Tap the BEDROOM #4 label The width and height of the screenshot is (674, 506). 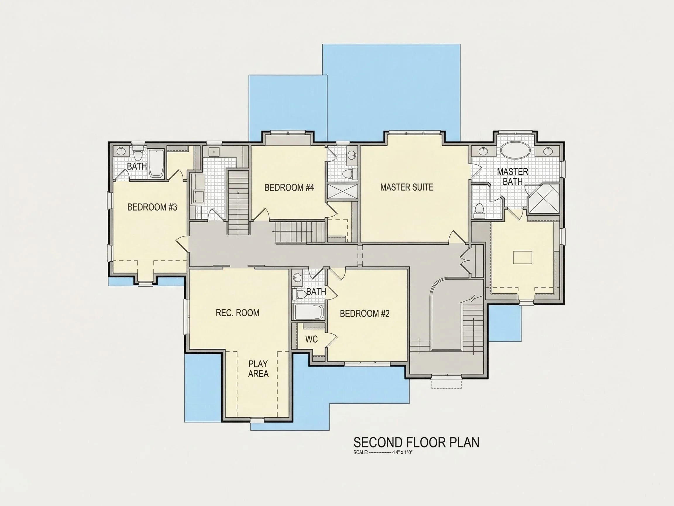click(289, 187)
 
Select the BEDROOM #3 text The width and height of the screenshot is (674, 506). click(152, 207)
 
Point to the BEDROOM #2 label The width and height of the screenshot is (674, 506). click(365, 313)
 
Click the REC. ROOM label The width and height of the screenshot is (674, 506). click(238, 313)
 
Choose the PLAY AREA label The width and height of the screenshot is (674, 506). click(258, 369)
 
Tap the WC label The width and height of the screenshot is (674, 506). click(312, 339)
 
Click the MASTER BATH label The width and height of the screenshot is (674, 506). click(513, 176)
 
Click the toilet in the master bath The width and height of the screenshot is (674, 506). click(479, 211)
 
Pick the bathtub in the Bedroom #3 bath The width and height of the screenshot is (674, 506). click(157, 163)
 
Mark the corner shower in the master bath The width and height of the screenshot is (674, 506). click(543, 198)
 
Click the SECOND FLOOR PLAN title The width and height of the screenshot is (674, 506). click(417, 442)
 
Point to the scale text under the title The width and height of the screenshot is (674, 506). click(383, 453)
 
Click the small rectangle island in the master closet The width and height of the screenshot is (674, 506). click(522, 257)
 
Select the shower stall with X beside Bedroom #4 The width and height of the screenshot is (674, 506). click(343, 191)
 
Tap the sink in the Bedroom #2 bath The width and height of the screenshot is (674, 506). click(297, 278)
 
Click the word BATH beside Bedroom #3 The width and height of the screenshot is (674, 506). click(137, 166)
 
